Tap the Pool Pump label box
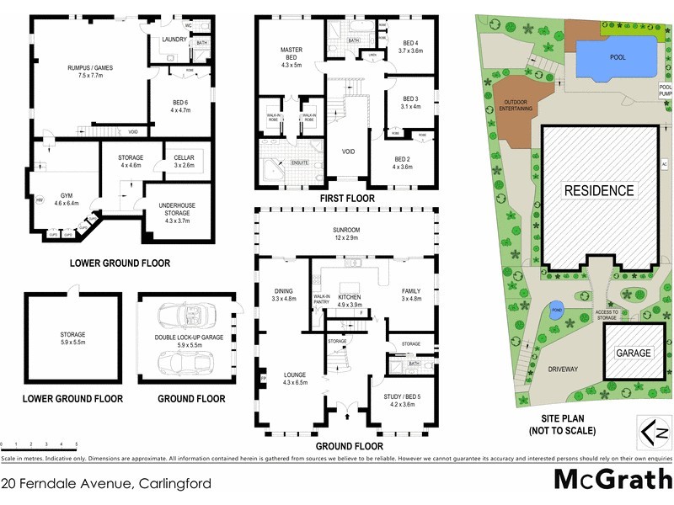pyautogui.click(x=665, y=91)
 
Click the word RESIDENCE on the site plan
pyautogui.click(x=599, y=191)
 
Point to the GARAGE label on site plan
pyautogui.click(x=633, y=353)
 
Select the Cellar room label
pyautogui.click(x=184, y=162)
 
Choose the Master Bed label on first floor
pyautogui.click(x=291, y=56)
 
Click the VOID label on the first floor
pyautogui.click(x=348, y=152)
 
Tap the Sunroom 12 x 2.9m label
pyautogui.click(x=346, y=235)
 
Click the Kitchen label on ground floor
pyautogui.click(x=349, y=300)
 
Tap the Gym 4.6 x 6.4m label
pyautogui.click(x=66, y=199)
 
